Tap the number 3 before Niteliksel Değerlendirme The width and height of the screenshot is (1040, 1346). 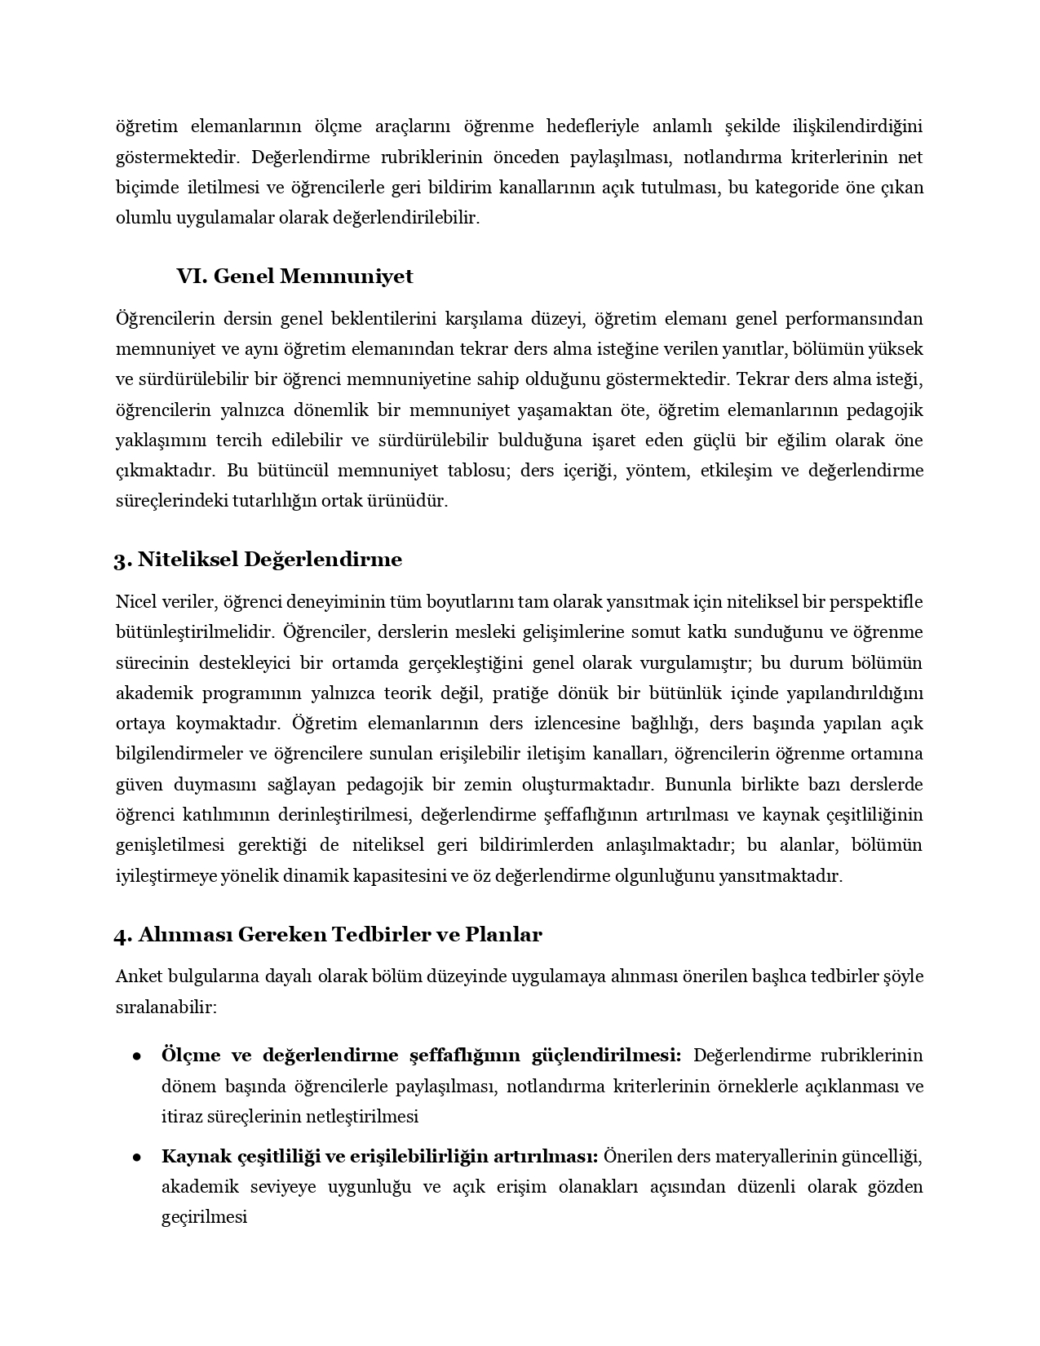tap(119, 560)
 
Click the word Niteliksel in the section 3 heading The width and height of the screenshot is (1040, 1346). tap(187, 560)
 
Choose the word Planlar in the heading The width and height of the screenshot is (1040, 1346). tap(503, 934)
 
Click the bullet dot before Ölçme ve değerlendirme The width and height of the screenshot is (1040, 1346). tap(138, 1056)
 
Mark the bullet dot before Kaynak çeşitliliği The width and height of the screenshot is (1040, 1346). tap(138, 1158)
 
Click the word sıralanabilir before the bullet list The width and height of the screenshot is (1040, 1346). tap(166, 1007)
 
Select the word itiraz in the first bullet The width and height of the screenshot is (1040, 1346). tap(180, 1116)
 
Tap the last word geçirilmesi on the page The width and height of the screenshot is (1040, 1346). tap(204, 1217)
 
